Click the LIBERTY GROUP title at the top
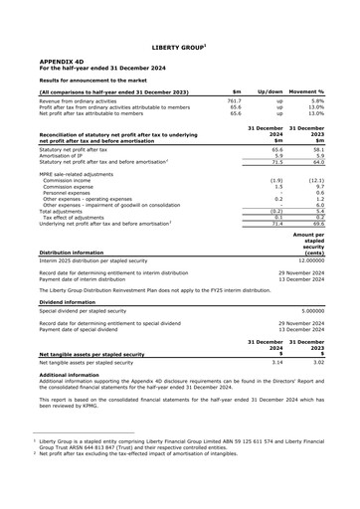[x=179, y=46]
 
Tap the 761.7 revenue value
[x=235, y=100]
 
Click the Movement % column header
[x=319, y=90]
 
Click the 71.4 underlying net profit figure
[x=277, y=226]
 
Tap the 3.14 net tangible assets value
[x=278, y=364]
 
